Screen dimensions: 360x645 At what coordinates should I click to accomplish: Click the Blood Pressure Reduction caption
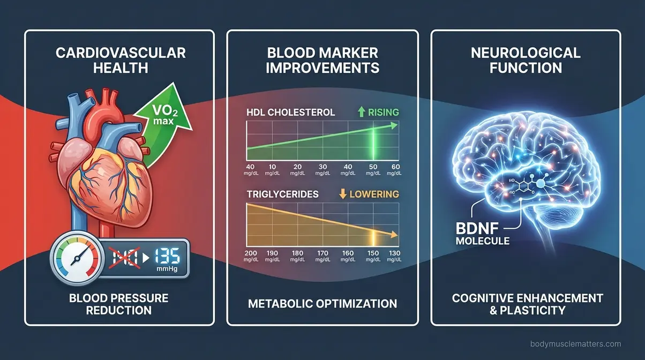pyautogui.click(x=118, y=304)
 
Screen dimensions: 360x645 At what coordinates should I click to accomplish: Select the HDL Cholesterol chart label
pyautogui.click(x=290, y=112)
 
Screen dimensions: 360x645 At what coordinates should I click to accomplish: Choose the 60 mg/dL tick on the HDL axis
pyautogui.click(x=395, y=169)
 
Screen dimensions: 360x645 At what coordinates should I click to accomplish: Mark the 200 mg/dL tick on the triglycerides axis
pyautogui.click(x=251, y=256)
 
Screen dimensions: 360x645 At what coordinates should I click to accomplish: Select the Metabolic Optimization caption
pyautogui.click(x=322, y=304)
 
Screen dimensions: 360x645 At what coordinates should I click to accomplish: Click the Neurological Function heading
pyautogui.click(x=525, y=61)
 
